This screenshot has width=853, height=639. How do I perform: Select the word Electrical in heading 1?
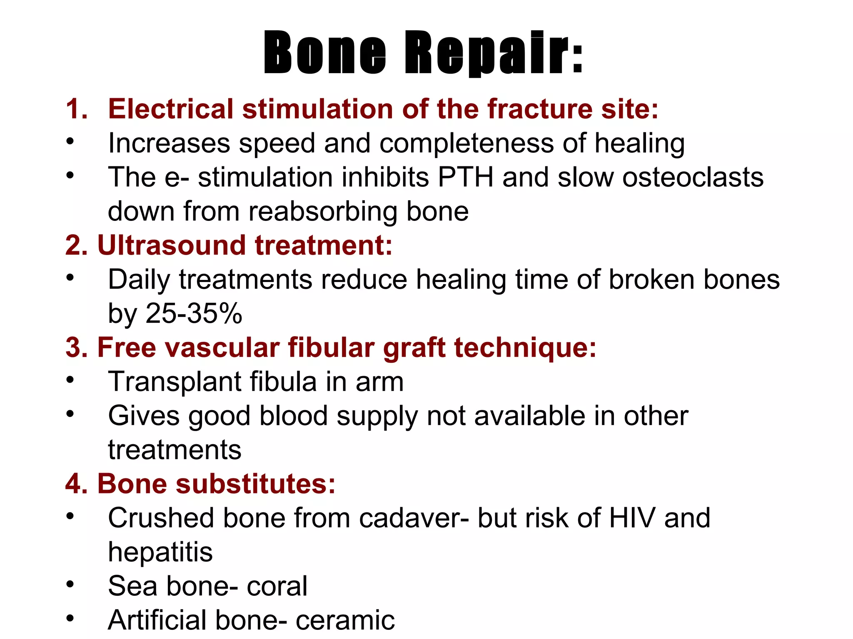(x=170, y=109)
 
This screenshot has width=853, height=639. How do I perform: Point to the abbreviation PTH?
(x=465, y=177)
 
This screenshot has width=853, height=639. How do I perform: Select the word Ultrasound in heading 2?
(x=171, y=245)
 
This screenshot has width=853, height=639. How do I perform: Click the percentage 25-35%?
(x=194, y=313)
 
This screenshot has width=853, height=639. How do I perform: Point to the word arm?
(x=379, y=382)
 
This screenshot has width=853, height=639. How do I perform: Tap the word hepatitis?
(x=160, y=552)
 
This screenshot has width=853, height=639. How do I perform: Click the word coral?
(x=277, y=586)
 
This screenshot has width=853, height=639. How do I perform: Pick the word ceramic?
(x=345, y=620)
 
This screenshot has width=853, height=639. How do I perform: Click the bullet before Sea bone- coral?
(x=70, y=584)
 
